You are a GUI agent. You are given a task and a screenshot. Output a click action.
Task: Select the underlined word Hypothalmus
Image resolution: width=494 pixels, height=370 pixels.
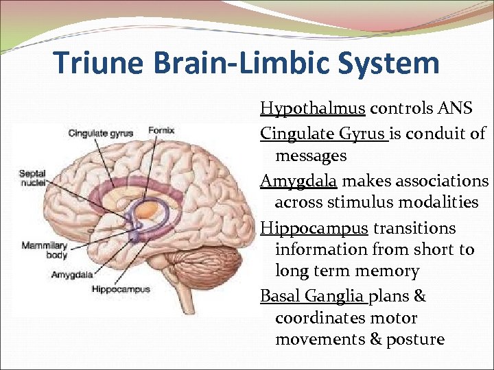pyautogui.click(x=314, y=108)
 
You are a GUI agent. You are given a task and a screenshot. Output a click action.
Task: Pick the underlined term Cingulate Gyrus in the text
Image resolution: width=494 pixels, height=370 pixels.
pyautogui.click(x=323, y=134)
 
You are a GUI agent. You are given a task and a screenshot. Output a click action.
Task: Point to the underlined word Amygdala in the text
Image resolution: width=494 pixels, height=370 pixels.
pyautogui.click(x=298, y=181)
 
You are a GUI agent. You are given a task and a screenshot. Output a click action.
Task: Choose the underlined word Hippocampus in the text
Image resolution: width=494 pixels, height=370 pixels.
pyautogui.click(x=314, y=227)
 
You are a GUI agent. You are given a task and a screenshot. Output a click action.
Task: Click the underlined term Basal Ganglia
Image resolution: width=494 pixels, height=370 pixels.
pyautogui.click(x=314, y=296)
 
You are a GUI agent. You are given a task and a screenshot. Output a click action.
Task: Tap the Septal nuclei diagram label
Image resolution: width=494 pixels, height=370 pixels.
pyautogui.click(x=32, y=178)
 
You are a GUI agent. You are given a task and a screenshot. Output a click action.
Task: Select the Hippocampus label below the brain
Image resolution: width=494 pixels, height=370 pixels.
pyautogui.click(x=121, y=289)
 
